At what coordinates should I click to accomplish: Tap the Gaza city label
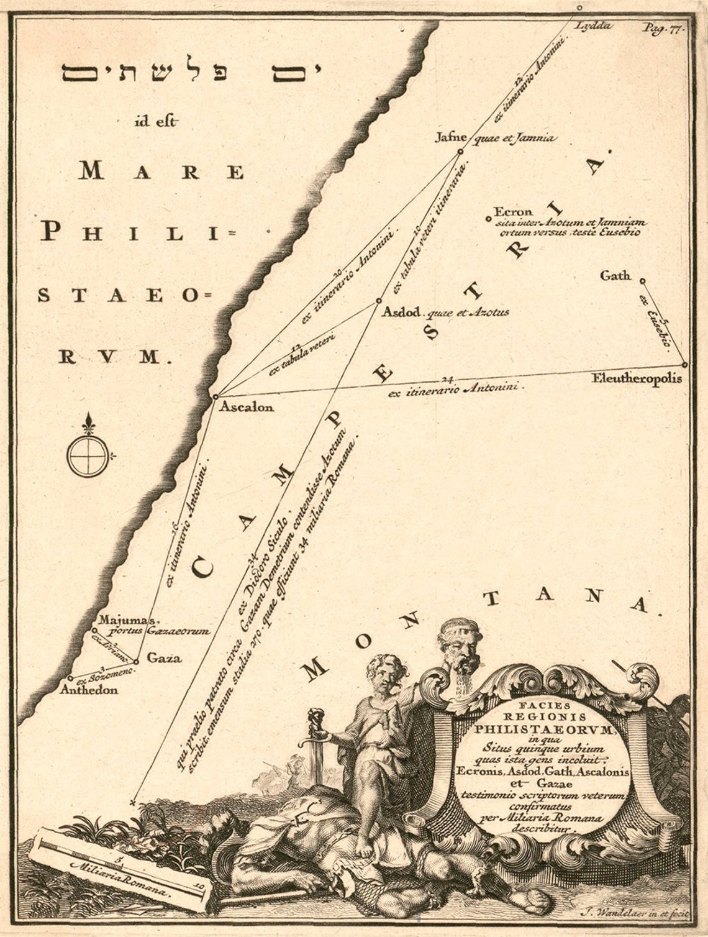coord(165,659)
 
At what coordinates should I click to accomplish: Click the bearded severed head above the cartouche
coord(460,651)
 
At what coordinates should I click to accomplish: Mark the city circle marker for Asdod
coord(378,301)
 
